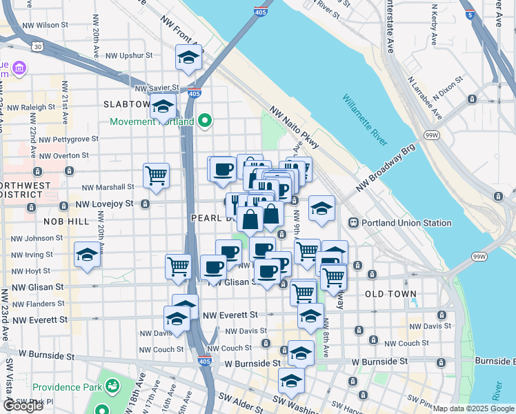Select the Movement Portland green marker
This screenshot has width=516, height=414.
[204, 122]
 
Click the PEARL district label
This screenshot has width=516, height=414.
[208, 218]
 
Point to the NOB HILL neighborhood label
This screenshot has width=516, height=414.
[66, 221]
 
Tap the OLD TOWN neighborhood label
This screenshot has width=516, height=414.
[390, 294]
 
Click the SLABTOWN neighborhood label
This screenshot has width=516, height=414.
[126, 104]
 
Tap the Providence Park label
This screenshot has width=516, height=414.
[66, 388]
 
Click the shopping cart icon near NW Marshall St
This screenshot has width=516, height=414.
[157, 175]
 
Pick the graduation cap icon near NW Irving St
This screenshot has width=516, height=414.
[88, 255]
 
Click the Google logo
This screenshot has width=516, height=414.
[23, 406]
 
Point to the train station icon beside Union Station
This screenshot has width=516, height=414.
[353, 223]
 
